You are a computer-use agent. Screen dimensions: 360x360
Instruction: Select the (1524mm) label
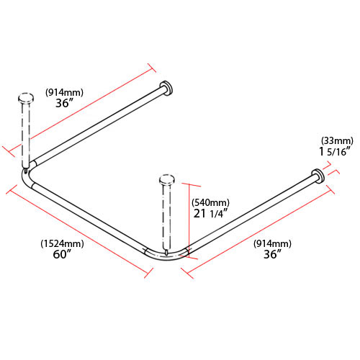click(62, 243)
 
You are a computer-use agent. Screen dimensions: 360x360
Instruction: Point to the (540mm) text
click(210, 202)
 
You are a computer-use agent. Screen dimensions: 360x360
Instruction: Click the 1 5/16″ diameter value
click(336, 152)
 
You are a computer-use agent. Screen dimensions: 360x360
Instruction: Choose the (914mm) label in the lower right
click(272, 243)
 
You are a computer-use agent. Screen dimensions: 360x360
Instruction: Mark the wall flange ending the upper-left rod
click(166, 89)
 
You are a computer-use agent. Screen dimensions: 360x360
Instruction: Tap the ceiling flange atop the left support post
click(26, 96)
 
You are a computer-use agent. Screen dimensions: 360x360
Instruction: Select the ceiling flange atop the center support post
click(166, 178)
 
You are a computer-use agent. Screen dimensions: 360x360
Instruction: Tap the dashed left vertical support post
click(27, 133)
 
